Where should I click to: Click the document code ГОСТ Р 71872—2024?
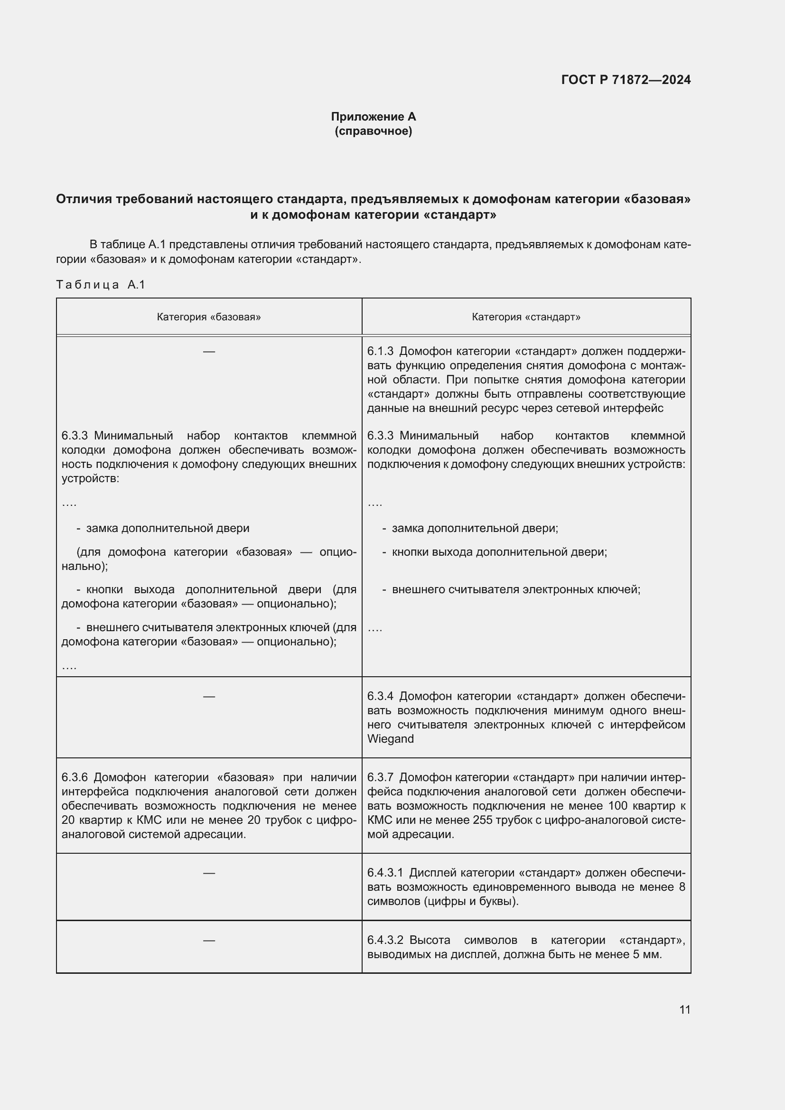pos(626,80)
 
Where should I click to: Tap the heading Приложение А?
pos(373,117)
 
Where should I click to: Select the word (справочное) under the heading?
pos(373,131)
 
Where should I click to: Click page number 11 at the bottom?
pos(684,1009)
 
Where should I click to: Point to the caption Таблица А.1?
pos(101,285)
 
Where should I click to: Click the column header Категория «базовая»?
pos(209,317)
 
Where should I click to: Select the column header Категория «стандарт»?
pos(526,317)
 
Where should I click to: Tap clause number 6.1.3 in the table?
pos(380,352)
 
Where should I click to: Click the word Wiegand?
pos(390,739)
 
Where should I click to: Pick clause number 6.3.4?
pos(380,696)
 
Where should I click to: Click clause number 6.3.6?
pos(75,777)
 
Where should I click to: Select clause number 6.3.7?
pos(380,777)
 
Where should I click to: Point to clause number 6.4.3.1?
pos(385,873)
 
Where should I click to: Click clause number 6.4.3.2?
pos(385,940)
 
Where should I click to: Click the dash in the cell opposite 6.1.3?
pos(209,352)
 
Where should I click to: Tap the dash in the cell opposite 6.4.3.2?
pos(209,940)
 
